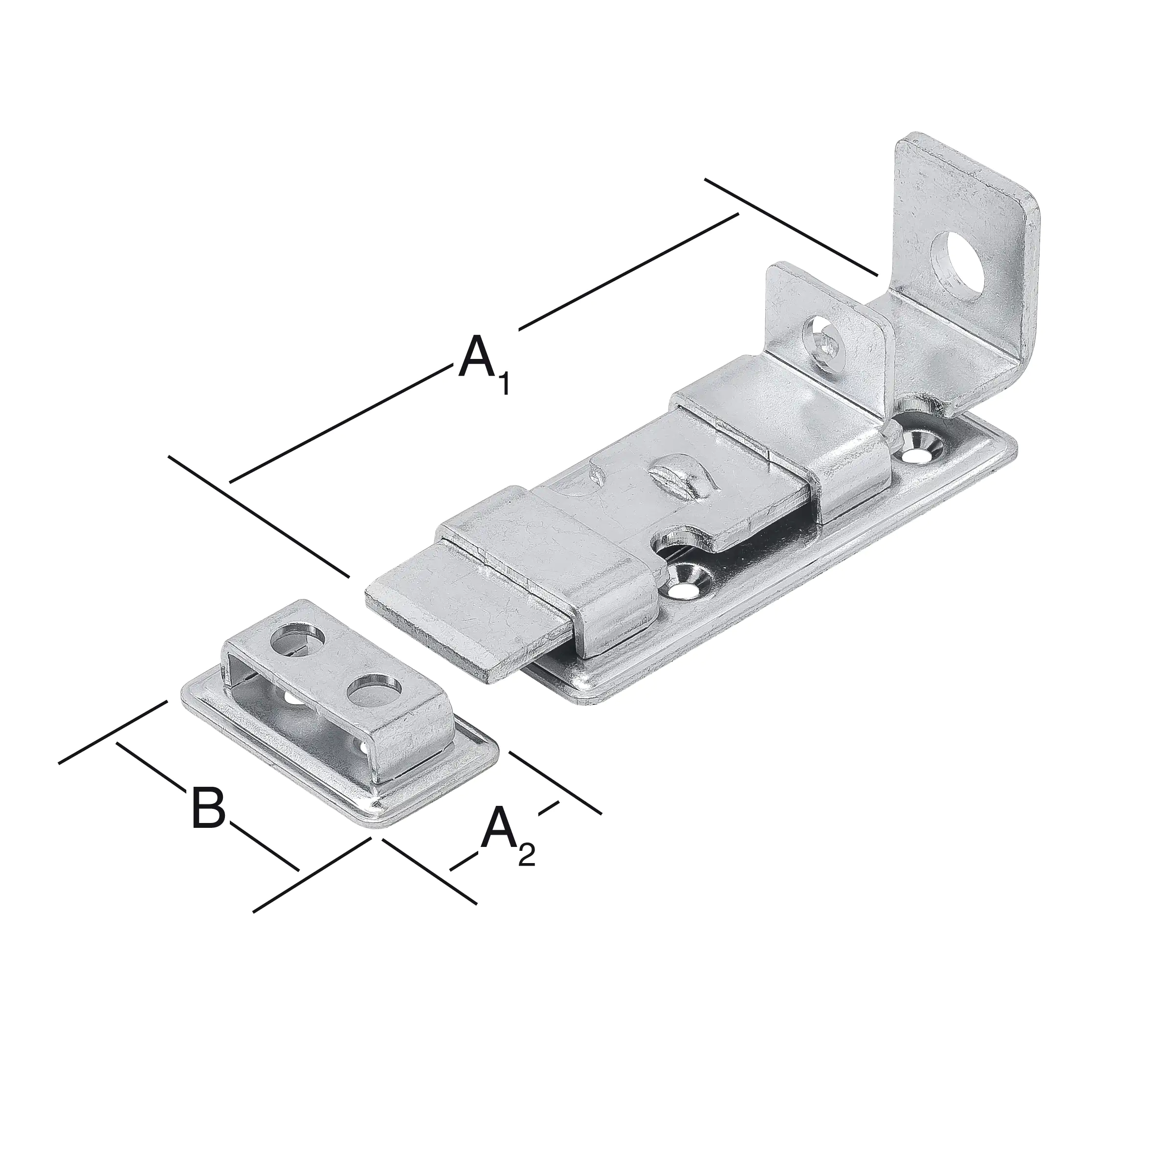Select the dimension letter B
coord(208,808)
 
